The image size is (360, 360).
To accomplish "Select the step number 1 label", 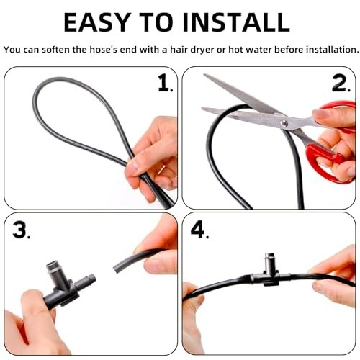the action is tap(165, 83).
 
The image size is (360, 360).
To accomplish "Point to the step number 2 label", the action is tap(341, 83).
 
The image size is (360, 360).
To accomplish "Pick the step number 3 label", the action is tap(21, 230).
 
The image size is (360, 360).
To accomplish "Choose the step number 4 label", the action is tap(199, 230).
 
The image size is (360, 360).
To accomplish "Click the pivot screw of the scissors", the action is tap(284, 123).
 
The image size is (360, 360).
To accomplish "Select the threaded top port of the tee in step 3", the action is tap(53, 266).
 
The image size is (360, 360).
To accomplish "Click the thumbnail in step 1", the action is tap(133, 167).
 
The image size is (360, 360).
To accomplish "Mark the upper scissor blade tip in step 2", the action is tap(204, 75).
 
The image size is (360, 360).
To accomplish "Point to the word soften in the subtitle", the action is tap(55, 50).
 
